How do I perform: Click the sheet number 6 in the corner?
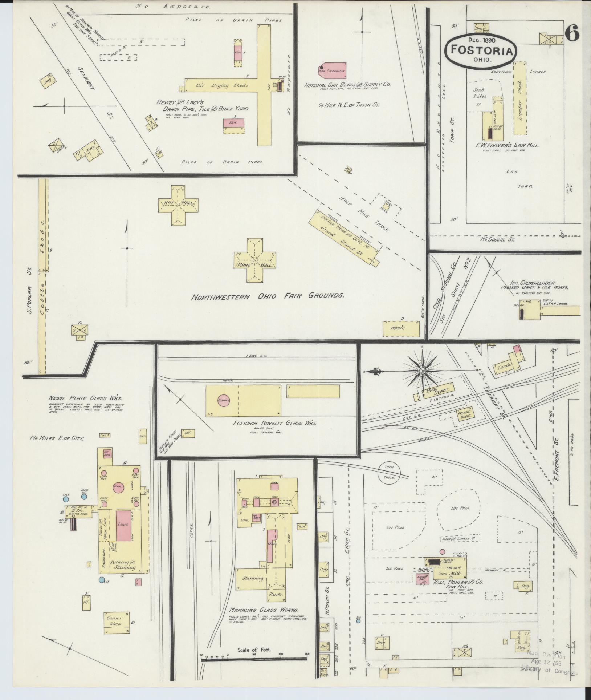point(572,35)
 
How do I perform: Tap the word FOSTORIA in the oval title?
point(482,50)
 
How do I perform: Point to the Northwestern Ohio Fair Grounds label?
point(268,296)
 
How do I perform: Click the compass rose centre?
point(423,371)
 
